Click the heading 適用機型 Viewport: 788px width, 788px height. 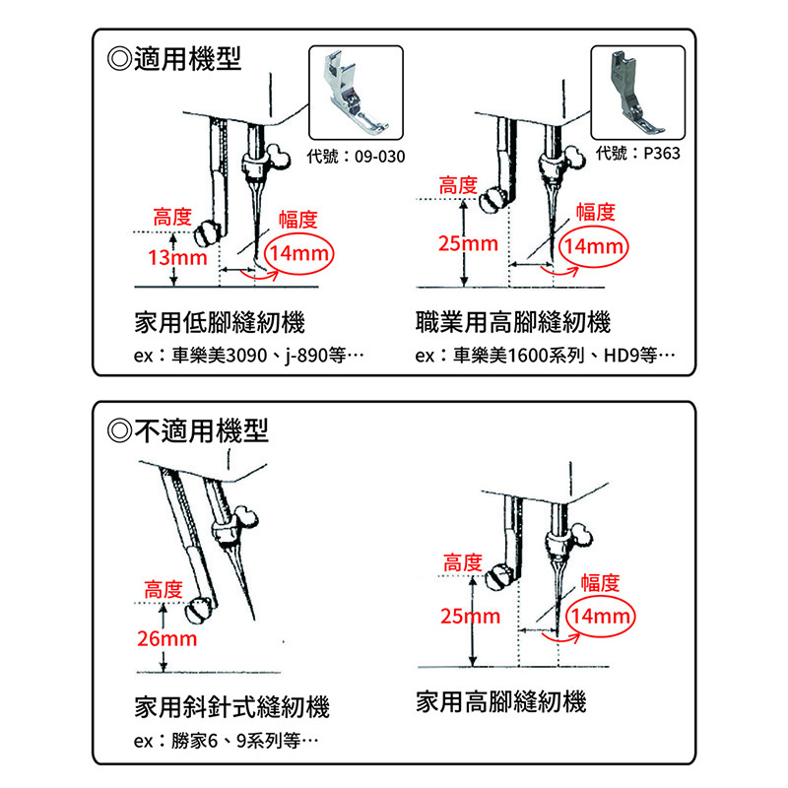click(174, 59)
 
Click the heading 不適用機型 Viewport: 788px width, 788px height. click(188, 430)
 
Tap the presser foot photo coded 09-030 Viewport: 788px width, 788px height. click(356, 93)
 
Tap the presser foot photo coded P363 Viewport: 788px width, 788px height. click(637, 93)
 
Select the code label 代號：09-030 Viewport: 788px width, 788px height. click(356, 157)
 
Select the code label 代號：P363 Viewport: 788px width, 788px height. click(637, 153)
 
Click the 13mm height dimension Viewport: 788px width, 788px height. click(177, 258)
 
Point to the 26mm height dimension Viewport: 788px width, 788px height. click(166, 638)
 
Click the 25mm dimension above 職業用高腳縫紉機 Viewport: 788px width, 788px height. click(468, 243)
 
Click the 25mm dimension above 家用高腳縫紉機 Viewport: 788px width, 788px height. click(471, 617)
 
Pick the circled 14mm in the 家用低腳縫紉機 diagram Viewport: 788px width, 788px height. click(299, 253)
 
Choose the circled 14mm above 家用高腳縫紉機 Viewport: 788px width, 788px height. click(601, 617)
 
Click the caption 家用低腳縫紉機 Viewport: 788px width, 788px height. click(220, 322)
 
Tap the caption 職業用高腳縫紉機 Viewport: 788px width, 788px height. click(513, 322)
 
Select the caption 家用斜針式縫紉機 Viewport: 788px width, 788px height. click(231, 707)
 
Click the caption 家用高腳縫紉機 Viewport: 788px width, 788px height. click(501, 701)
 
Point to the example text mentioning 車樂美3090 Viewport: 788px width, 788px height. click(249, 356)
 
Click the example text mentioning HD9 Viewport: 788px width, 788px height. click(546, 356)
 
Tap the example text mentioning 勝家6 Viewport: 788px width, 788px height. click(227, 741)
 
